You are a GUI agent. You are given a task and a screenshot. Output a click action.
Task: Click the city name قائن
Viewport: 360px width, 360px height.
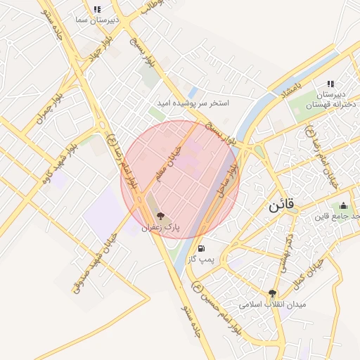pyautogui.click(x=283, y=206)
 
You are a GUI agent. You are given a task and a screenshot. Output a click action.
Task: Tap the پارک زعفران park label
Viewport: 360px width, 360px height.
pyautogui.click(x=161, y=228)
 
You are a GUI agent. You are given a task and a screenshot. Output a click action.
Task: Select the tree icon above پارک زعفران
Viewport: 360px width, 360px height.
pyautogui.click(x=161, y=216)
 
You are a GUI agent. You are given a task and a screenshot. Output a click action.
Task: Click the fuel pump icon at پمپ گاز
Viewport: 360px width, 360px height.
pyautogui.click(x=202, y=248)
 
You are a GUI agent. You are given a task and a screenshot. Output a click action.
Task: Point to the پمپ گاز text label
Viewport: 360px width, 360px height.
pyautogui.click(x=202, y=259)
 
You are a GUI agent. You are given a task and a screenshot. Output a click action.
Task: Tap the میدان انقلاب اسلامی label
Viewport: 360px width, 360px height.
pyautogui.click(x=264, y=305)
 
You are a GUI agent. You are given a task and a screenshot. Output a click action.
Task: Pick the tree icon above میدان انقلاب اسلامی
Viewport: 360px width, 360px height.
pyautogui.click(x=272, y=293)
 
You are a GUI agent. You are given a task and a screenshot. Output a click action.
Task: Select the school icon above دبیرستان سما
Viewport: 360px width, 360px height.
pyautogui.click(x=97, y=10)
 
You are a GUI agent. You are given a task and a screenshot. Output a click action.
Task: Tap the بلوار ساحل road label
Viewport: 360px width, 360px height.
pyautogui.click(x=229, y=180)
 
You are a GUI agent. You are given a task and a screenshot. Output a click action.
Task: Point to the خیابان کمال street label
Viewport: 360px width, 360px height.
pyautogui.click(x=311, y=270)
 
